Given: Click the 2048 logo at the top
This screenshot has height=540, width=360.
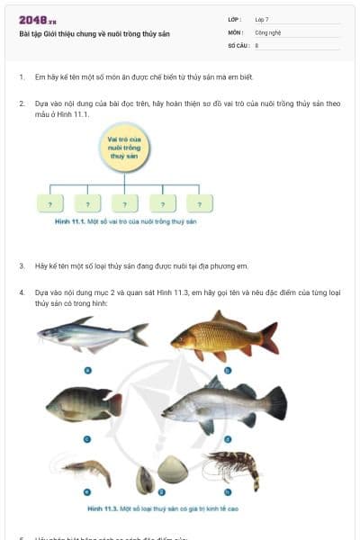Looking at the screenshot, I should click(x=38, y=20).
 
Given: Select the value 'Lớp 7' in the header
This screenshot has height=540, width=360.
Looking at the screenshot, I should click(x=263, y=19).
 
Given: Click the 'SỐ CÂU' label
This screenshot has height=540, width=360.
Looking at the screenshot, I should click(x=237, y=44).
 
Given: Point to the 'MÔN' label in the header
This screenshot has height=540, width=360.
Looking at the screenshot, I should click(x=235, y=31).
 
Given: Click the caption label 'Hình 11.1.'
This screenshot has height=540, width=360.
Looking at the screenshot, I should click(x=68, y=220).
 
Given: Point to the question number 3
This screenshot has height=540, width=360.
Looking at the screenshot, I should click(x=22, y=266).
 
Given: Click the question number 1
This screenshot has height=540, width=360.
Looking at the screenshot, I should click(x=22, y=78).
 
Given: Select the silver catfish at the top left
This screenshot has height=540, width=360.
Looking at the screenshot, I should click(x=91, y=335).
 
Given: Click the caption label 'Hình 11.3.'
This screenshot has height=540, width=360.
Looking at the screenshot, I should click(x=105, y=508).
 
